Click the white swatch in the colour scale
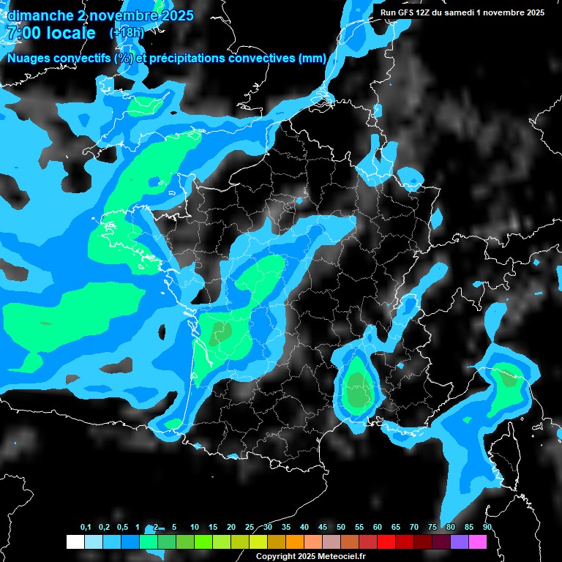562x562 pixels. pos(75,542)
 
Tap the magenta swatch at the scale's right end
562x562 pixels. pos(478,542)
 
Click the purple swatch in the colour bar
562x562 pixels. pos(460,542)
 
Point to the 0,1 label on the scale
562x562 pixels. pos(86,528)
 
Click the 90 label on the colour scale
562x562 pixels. pos(487,528)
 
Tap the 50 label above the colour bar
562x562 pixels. pos(341,528)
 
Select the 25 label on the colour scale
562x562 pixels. pos(250,528)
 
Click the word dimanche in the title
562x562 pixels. pos(41,15)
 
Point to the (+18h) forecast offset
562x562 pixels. pos(127,33)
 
